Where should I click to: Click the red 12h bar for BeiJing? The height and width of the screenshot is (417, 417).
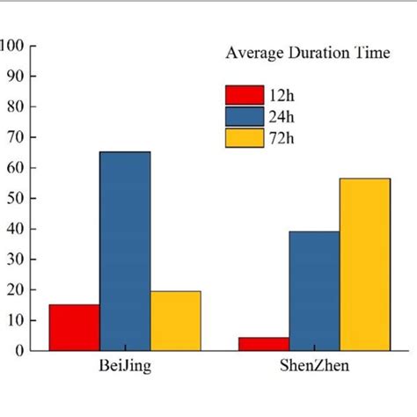(x=74, y=327)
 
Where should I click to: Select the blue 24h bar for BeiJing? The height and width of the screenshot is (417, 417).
(x=125, y=251)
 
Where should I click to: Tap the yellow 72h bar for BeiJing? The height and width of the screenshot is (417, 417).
(x=176, y=320)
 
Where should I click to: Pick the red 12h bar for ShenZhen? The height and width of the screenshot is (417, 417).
(x=264, y=343)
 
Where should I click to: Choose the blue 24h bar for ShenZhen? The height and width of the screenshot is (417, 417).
(x=314, y=290)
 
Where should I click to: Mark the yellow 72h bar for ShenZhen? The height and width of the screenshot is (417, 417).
(x=364, y=264)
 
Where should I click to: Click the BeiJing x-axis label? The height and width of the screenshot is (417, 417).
(x=125, y=367)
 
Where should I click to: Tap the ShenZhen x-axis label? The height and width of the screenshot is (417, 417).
(x=314, y=367)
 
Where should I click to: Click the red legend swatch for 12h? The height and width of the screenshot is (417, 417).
(x=244, y=94)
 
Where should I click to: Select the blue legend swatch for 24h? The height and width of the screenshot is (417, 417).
(x=244, y=116)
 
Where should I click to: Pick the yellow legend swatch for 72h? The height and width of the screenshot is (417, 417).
(x=244, y=138)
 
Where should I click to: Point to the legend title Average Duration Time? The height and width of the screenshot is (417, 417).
(x=307, y=53)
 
